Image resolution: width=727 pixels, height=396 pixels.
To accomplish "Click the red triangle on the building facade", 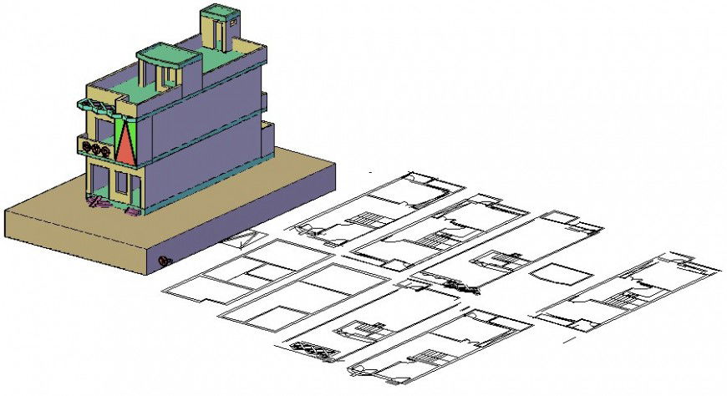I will (x=126, y=145).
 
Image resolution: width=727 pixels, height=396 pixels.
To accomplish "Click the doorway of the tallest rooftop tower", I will (x=217, y=33).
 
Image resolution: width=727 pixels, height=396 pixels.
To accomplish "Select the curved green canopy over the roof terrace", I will (x=168, y=55).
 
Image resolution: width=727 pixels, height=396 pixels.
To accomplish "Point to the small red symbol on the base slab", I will (x=165, y=261).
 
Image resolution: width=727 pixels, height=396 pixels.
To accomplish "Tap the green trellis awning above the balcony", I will (x=99, y=105).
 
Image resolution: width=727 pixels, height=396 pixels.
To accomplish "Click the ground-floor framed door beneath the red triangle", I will (x=122, y=185).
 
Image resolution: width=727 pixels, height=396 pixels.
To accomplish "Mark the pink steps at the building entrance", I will (x=100, y=203).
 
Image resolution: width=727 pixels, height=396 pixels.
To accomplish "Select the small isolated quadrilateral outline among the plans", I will (x=562, y=274).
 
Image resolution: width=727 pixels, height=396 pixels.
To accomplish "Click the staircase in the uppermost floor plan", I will (x=364, y=218).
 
